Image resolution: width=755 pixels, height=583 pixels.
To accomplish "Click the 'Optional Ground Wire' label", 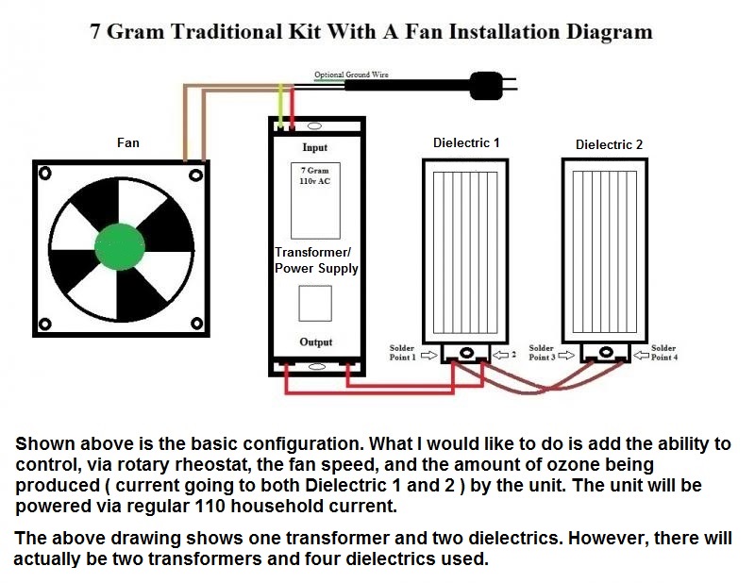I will point(351,74).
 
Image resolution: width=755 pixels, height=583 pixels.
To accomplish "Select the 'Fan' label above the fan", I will point(127,142).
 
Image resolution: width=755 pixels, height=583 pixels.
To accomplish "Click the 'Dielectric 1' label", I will point(466,142).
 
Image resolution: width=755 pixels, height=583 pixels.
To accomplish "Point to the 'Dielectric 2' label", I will point(609,144).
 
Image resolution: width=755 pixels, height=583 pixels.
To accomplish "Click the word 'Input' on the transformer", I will point(315,147).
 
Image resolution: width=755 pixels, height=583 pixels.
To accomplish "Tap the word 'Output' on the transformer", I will point(316,341).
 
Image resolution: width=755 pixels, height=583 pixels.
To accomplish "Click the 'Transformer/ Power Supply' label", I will point(315,260).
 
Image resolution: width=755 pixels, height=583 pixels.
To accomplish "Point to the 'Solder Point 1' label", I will point(402,353).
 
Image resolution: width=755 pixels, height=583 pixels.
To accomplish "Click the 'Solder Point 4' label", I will point(663,353).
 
